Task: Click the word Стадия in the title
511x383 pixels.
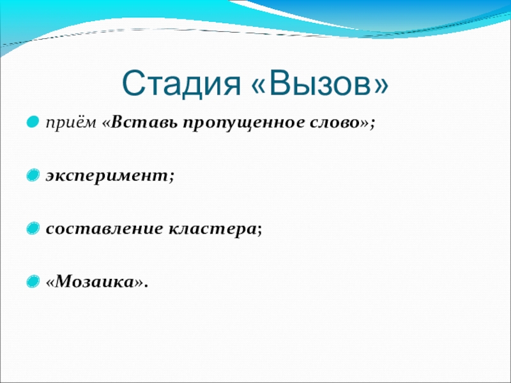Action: (x=181, y=84)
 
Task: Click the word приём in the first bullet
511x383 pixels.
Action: (x=72, y=123)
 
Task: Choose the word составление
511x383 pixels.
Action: (x=104, y=229)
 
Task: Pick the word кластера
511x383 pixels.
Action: (x=212, y=229)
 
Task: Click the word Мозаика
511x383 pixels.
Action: (x=94, y=282)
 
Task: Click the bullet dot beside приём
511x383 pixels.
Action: (x=33, y=123)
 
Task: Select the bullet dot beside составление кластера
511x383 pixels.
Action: (x=33, y=228)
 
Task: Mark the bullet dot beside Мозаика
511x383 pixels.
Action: (x=33, y=281)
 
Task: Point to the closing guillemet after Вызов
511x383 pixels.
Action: (x=379, y=86)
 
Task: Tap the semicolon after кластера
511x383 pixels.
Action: (x=259, y=230)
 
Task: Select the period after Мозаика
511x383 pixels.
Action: (x=146, y=287)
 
